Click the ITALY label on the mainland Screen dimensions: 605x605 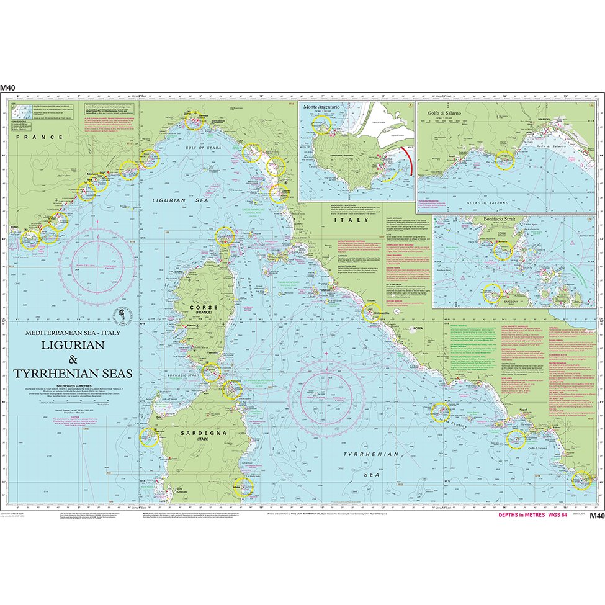343,220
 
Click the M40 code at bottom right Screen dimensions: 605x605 595,515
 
